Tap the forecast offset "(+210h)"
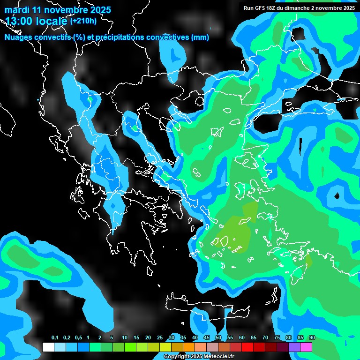click(x=83, y=21)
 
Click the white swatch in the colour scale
click(x=48, y=347)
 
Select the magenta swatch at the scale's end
click(x=306, y=347)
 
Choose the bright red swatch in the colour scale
click(x=247, y=347)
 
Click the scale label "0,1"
click(x=54, y=338)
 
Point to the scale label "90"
click(x=312, y=338)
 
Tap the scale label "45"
click(x=207, y=338)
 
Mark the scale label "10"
click(x=125, y=338)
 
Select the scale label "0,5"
click(x=78, y=338)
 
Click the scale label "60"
click(x=242, y=338)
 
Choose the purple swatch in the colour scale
click(x=294, y=347)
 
